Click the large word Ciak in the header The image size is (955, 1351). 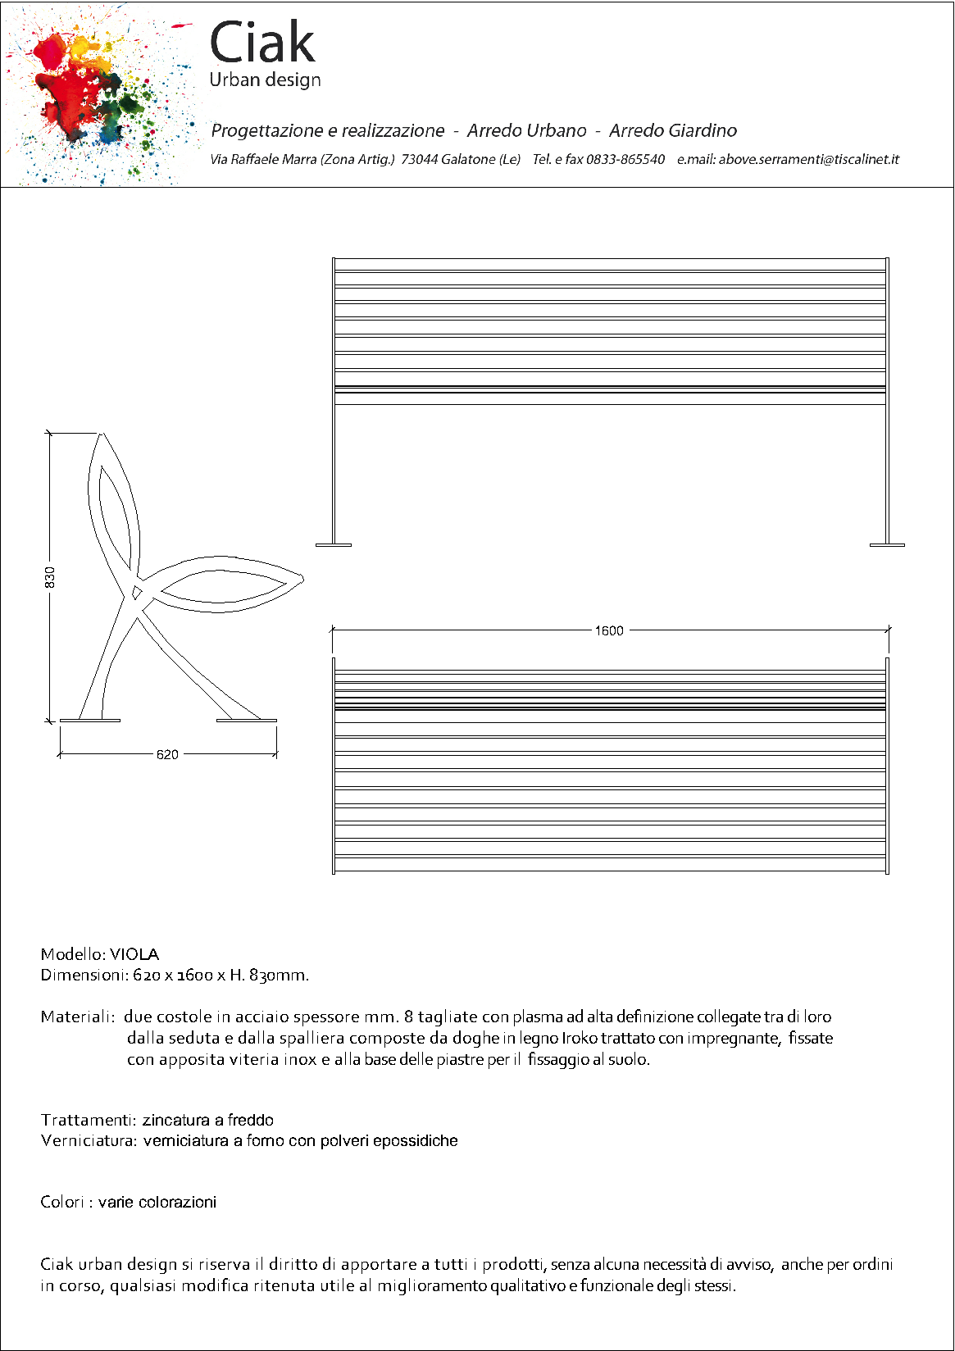pyautogui.click(x=262, y=43)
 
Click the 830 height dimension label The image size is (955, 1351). pyautogui.click(x=50, y=577)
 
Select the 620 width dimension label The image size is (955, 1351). pyautogui.click(x=167, y=754)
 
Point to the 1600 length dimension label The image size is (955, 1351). pyautogui.click(x=609, y=630)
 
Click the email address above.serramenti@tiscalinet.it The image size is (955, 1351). pyautogui.click(x=808, y=159)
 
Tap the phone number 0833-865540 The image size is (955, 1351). pyautogui.click(x=625, y=159)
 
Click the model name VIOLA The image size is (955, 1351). pyautogui.click(x=134, y=954)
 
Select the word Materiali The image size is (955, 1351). pyautogui.click(x=76, y=1017)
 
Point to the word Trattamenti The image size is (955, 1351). pyautogui.click(x=88, y=1120)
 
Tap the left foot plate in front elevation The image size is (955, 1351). pyautogui.click(x=334, y=544)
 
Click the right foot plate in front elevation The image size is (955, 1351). pyautogui.click(x=887, y=544)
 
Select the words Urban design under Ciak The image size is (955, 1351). pyautogui.click(x=265, y=80)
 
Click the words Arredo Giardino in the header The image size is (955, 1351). pyautogui.click(x=672, y=130)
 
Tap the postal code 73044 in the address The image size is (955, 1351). pyautogui.click(x=419, y=159)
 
